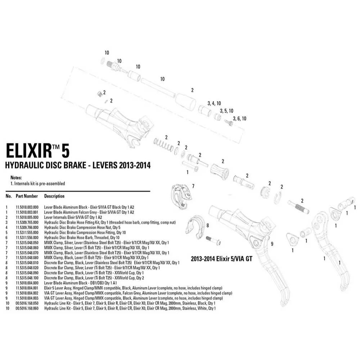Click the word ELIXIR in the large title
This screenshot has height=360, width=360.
click(x=29, y=151)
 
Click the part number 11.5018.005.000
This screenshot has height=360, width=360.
click(x=27, y=217)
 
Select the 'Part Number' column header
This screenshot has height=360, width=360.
click(x=26, y=196)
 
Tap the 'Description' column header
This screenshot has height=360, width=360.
click(x=54, y=196)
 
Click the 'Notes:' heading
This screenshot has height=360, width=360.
click(x=16, y=177)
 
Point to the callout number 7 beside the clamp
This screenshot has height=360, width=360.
click(x=193, y=186)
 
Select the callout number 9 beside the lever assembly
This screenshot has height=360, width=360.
click(x=272, y=244)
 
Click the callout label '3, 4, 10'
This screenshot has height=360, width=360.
click(x=214, y=103)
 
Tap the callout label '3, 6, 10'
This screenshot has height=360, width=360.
click(x=239, y=118)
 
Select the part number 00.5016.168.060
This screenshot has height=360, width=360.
click(x=27, y=308)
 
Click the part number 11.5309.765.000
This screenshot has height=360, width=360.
click(x=27, y=222)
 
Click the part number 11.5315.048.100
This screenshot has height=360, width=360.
click(x=27, y=278)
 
